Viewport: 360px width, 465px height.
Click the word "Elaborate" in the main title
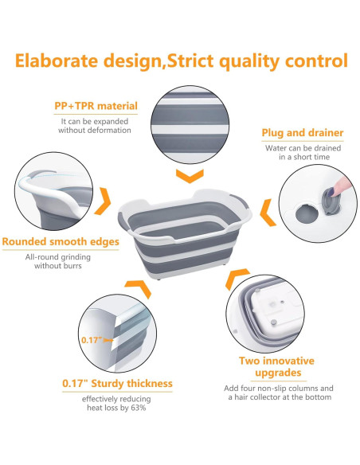coord(57,61)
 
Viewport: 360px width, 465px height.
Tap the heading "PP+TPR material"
coord(96,106)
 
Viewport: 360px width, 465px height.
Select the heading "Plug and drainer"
coord(303,133)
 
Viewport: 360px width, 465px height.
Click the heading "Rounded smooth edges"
coord(61,242)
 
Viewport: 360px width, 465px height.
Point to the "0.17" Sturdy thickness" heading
coord(117,384)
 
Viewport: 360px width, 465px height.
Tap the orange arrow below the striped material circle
coord(190,176)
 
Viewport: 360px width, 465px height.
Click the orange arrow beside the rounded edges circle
coord(103,201)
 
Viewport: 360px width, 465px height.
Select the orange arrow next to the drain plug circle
coord(268,213)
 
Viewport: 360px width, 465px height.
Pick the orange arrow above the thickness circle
coord(139,287)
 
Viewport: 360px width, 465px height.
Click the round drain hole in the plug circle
coord(305,213)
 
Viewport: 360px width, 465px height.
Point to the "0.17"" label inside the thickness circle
coord(92,340)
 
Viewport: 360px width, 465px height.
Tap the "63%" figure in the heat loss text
coord(139,408)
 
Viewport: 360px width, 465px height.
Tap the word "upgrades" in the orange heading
coord(278,373)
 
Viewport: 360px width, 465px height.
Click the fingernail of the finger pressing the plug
coord(335,192)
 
